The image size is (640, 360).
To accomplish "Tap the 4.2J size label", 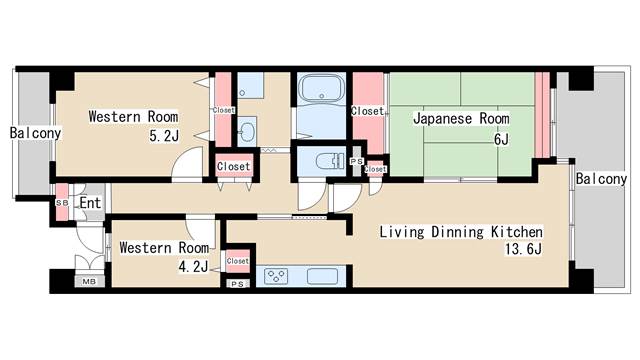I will click(x=194, y=266).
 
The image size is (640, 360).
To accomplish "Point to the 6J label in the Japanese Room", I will click(x=502, y=139).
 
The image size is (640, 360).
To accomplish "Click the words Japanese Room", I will click(x=461, y=118).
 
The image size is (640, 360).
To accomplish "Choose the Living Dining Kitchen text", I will click(x=461, y=232).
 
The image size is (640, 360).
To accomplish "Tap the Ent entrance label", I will click(x=90, y=203).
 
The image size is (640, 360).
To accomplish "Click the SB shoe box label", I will click(x=62, y=203).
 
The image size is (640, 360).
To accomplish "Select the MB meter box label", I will click(x=88, y=282).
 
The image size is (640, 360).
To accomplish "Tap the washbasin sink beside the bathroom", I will click(x=248, y=129).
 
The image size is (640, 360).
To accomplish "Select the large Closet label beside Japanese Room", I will click(x=368, y=111).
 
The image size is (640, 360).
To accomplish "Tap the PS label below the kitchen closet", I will click(x=238, y=284).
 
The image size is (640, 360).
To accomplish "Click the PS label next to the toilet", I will click(x=357, y=161).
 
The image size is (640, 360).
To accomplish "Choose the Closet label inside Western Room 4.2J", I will click(x=238, y=261).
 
